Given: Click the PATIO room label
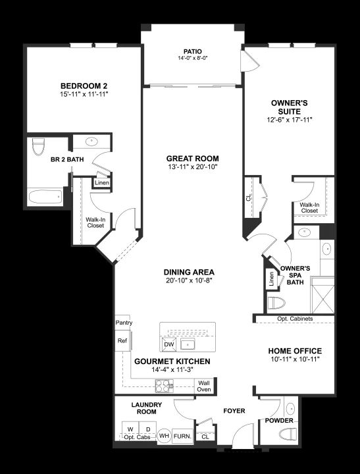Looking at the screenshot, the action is [192, 51].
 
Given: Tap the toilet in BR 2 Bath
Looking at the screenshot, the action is [38, 147].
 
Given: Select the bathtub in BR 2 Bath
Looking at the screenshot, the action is [45, 197].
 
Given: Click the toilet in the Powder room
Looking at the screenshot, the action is [288, 434].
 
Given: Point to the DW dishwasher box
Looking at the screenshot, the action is [169, 344].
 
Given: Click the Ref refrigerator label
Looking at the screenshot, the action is [122, 341].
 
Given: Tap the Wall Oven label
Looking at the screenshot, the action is [204, 386].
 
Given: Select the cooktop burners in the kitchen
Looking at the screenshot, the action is [164, 386].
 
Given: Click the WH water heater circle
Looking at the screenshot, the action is [164, 436].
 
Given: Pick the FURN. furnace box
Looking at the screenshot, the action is [182, 436].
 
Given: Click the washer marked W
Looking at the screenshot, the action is [130, 429].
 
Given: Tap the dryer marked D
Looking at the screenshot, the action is [148, 429].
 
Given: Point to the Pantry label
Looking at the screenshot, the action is [124, 323].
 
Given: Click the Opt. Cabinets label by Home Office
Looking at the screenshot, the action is [295, 319].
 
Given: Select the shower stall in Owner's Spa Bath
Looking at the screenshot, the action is [323, 296].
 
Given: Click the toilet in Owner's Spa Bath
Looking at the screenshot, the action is [277, 303].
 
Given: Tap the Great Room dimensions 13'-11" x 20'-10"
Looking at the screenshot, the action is [193, 167].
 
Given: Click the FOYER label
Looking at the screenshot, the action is [234, 411].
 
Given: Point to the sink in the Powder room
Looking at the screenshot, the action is [290, 409].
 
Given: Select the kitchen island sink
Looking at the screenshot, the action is [188, 344].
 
